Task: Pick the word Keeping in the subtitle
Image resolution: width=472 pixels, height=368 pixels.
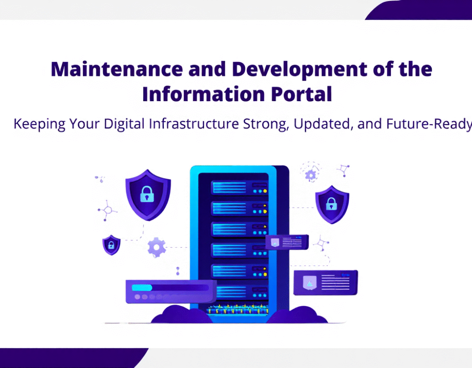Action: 39,124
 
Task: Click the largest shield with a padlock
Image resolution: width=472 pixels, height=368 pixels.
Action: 147,195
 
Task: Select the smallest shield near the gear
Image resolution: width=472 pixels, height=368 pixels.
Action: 111,244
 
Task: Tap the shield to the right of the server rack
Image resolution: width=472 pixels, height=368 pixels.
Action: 332,204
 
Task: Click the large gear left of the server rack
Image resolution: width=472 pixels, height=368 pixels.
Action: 157,248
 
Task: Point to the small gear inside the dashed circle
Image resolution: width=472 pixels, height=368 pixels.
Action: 310,174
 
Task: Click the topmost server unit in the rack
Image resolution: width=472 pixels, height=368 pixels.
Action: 239,187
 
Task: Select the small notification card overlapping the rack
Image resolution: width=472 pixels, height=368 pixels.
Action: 287,242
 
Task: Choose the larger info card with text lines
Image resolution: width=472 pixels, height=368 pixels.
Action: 325,283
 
